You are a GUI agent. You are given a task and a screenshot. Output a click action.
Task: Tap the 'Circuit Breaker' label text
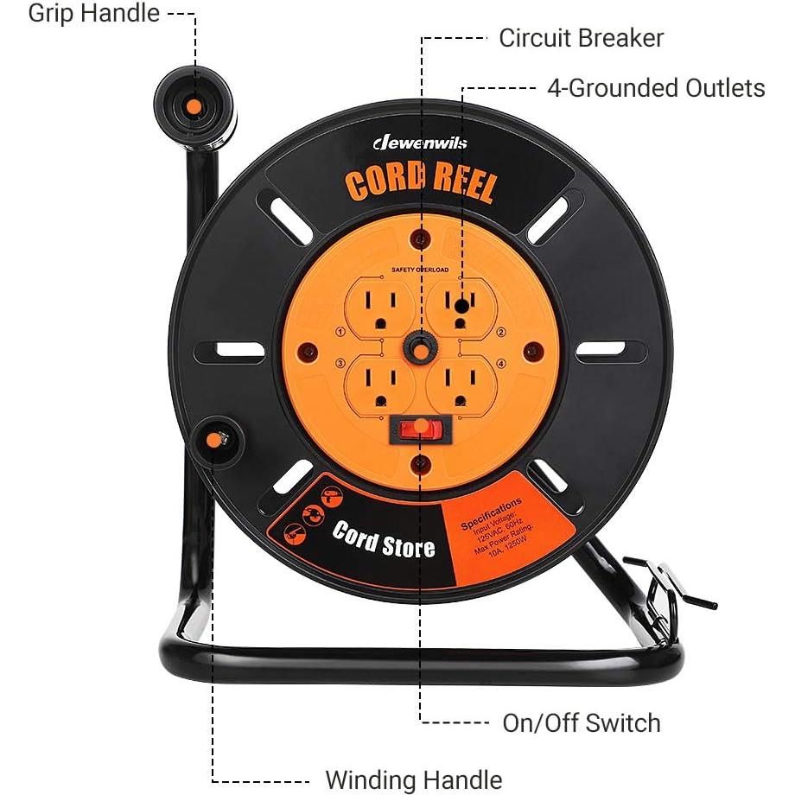(x=581, y=38)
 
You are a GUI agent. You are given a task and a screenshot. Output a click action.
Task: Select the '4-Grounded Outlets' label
(x=656, y=88)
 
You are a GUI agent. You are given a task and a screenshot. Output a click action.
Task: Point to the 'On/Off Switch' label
(x=581, y=722)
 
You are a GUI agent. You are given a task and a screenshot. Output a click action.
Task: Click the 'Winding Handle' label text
(x=413, y=779)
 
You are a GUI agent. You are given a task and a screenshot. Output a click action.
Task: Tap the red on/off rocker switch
(x=419, y=429)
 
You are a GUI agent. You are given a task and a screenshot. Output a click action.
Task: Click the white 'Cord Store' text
(x=384, y=538)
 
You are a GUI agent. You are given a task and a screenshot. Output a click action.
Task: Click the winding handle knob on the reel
(x=213, y=441)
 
